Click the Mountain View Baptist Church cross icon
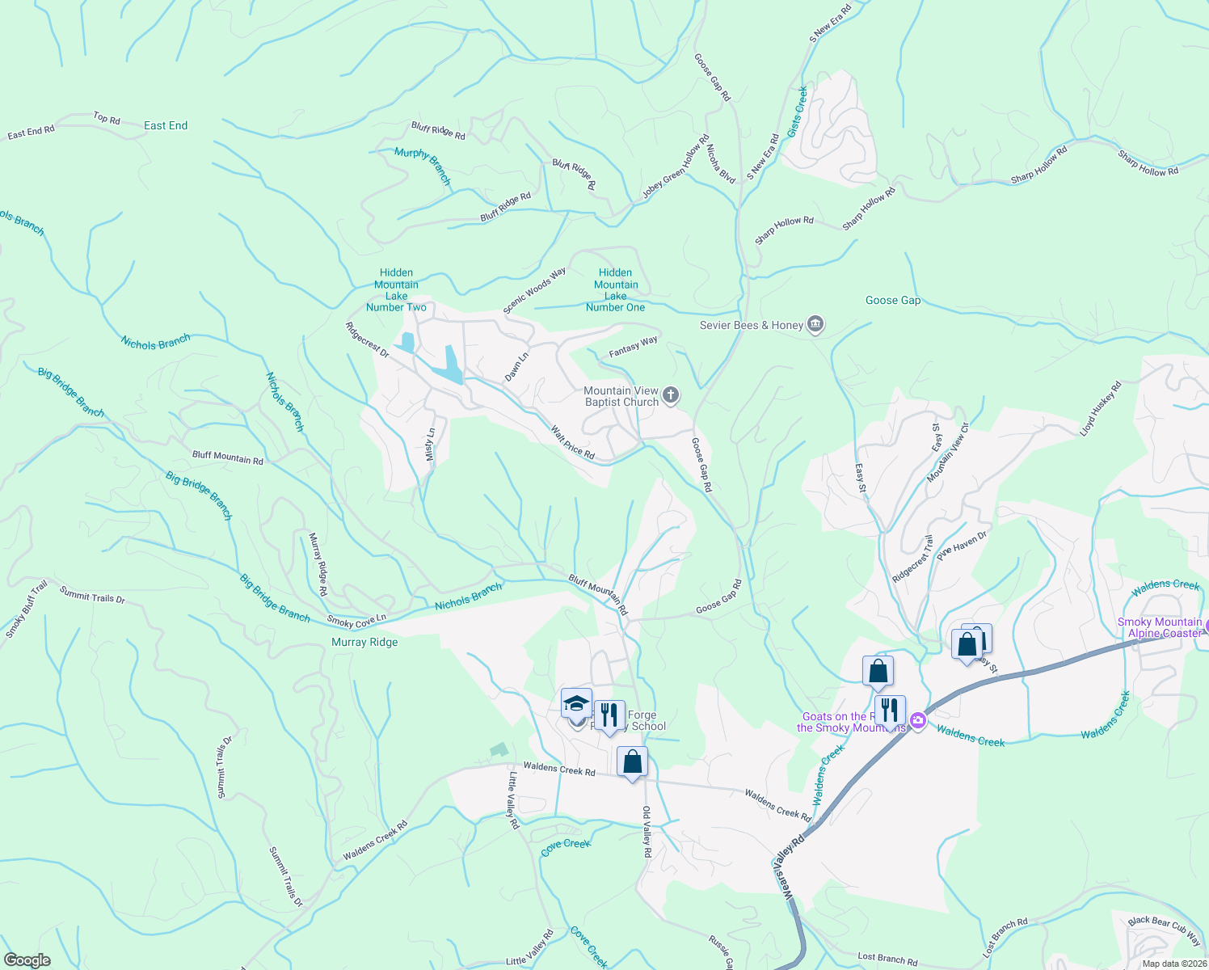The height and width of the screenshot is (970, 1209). (670, 395)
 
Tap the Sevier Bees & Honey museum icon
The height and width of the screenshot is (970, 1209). (815, 325)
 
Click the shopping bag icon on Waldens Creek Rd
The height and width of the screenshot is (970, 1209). (632, 761)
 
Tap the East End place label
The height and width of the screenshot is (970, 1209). (166, 125)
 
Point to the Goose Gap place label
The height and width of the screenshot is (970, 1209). (892, 300)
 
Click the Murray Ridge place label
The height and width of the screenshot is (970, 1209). (364, 642)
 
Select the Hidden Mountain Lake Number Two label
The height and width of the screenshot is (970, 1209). (396, 290)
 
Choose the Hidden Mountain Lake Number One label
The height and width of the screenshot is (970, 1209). (616, 290)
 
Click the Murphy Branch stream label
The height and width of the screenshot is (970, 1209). (422, 167)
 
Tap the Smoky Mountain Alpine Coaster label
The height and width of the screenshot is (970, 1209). (1160, 627)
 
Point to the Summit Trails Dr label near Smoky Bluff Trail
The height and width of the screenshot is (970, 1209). (92, 595)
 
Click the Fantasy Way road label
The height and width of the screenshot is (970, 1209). (633, 347)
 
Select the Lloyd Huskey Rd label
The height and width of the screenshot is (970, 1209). (1101, 409)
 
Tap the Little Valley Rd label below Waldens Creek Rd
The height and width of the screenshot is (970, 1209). (513, 799)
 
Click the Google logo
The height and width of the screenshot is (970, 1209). (27, 960)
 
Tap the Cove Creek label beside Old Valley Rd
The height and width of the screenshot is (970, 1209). (566, 846)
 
